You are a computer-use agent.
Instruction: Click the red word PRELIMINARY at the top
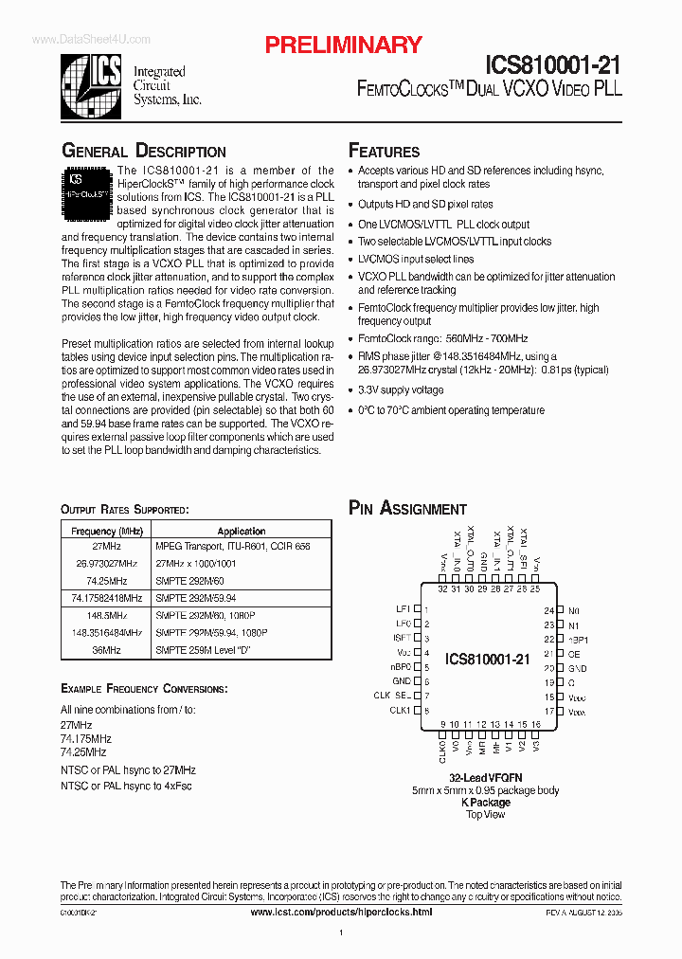pos(342,45)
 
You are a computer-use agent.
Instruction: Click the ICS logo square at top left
pos(92,79)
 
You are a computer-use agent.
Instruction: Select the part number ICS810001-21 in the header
pos(553,64)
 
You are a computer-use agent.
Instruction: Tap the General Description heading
pos(143,152)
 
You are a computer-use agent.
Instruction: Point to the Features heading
pos(384,152)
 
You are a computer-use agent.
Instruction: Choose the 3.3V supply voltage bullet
pos(400,389)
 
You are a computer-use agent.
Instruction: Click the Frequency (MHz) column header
pos(106,532)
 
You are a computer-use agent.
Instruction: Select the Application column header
pos(242,532)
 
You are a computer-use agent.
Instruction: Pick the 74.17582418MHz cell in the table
pos(106,598)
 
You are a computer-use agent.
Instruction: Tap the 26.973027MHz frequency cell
pos(106,563)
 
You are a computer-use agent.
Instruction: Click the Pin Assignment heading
pos(407,509)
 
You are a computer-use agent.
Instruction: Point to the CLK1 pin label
pos(400,710)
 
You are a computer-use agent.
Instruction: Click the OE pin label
pos(574,653)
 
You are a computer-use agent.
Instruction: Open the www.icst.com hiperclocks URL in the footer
pos(341,912)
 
